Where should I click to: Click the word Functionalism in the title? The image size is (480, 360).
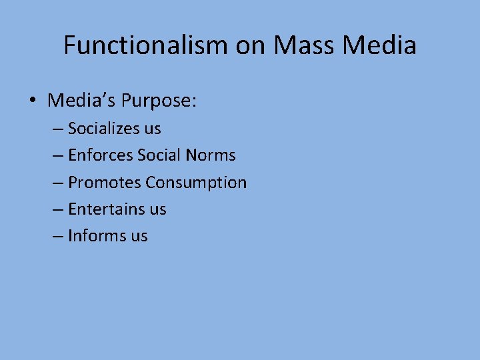[x=146, y=46]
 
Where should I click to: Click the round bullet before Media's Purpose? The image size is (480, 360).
[x=32, y=102]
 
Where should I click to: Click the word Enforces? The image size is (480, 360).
[x=100, y=155]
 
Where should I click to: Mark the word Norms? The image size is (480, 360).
[x=211, y=155]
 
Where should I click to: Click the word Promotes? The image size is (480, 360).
[x=104, y=182]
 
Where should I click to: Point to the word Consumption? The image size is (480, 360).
[x=196, y=182]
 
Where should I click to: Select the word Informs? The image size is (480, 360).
[x=97, y=235]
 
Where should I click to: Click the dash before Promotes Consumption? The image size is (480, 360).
[x=58, y=183]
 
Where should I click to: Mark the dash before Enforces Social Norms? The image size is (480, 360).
[x=58, y=156]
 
